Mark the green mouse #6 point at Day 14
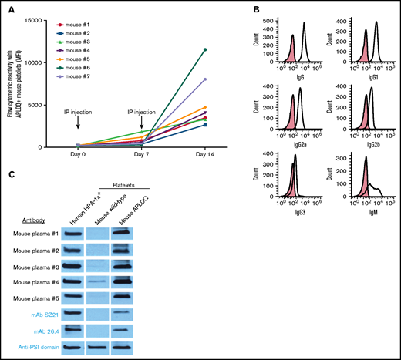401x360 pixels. click(204, 49)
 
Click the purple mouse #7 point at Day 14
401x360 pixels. click(204, 79)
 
